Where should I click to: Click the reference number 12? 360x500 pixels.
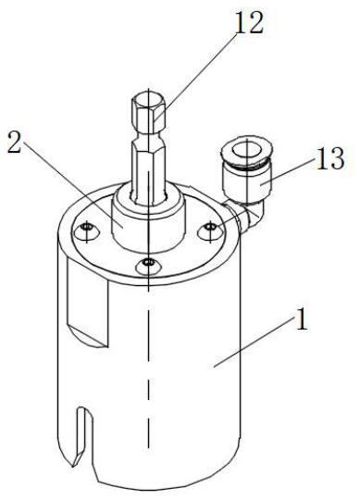click(249, 22)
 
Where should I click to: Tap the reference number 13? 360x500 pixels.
click(329, 158)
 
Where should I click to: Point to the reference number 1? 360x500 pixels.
click(302, 319)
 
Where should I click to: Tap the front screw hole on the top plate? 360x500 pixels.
click(148, 266)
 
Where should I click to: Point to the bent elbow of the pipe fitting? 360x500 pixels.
click(252, 214)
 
